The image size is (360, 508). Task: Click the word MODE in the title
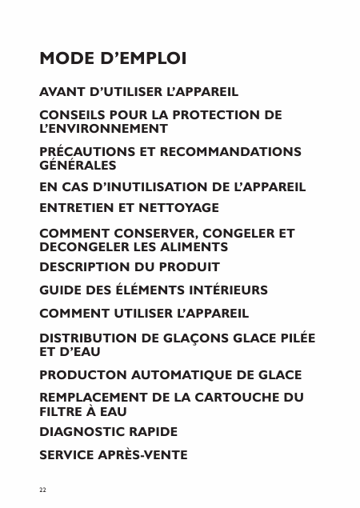coord(66,60)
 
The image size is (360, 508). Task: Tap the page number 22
coord(43,488)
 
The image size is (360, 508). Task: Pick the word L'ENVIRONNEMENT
coord(104,128)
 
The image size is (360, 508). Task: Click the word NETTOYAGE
coord(179,207)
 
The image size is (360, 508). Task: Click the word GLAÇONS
coord(180,338)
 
